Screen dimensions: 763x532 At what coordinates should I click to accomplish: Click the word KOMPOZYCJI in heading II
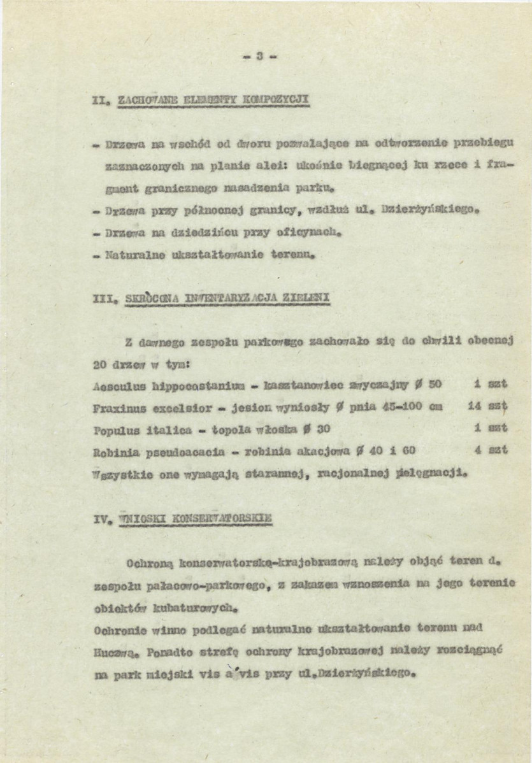(x=278, y=99)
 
